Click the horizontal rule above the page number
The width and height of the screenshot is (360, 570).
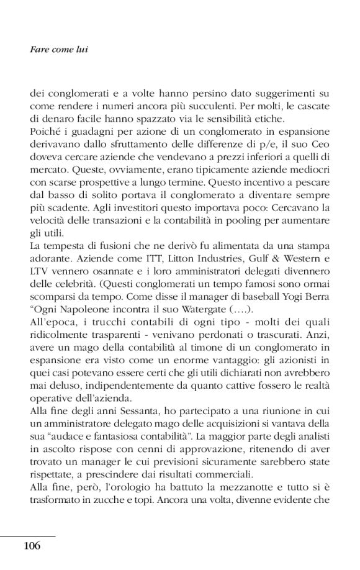(27, 535)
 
